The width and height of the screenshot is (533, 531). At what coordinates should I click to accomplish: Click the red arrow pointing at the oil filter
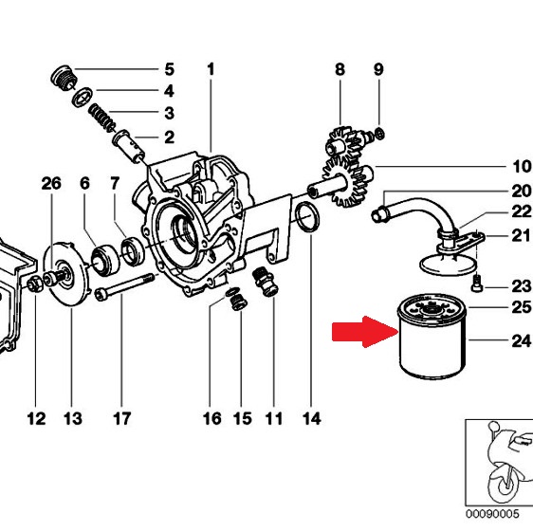click(365, 332)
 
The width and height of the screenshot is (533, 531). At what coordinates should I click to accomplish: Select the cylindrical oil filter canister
click(432, 337)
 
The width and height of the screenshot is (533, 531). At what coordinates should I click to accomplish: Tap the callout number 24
click(521, 340)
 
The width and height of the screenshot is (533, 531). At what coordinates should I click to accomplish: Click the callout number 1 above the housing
click(211, 69)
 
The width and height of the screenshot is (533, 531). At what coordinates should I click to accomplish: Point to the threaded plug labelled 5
click(64, 78)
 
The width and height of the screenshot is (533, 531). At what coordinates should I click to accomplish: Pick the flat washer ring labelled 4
click(83, 97)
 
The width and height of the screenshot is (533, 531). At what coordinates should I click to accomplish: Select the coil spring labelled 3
click(101, 118)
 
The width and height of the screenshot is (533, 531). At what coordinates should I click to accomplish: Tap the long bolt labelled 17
click(124, 287)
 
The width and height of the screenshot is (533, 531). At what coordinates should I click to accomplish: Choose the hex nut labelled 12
click(35, 284)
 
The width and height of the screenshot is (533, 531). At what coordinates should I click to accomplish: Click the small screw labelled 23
click(477, 283)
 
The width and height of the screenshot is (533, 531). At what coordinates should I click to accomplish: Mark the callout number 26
click(51, 184)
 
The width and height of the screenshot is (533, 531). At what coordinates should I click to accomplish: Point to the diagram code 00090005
click(492, 513)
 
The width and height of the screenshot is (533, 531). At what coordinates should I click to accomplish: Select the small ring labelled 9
click(380, 134)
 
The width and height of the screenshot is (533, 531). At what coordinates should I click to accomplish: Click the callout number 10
click(521, 167)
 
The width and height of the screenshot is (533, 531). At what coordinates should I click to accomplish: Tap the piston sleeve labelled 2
click(129, 146)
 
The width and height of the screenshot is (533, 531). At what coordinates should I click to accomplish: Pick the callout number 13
click(73, 418)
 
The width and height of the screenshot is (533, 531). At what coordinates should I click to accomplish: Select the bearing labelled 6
click(105, 260)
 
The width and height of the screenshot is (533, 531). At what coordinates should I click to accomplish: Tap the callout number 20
click(521, 192)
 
